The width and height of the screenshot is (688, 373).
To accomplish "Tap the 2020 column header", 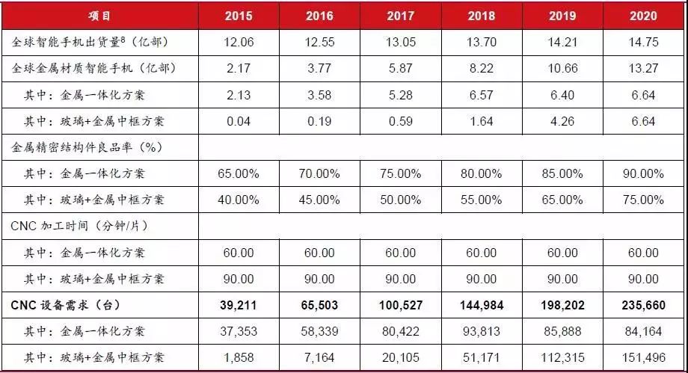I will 643,15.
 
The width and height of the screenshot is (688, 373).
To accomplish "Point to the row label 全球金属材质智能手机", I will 77,69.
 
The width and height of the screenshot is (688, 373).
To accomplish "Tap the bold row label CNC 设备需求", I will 66,305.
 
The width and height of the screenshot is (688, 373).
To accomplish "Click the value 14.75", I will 643,43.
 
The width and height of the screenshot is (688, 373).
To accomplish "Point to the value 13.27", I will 643,69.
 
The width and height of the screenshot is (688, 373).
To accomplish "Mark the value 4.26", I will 562,121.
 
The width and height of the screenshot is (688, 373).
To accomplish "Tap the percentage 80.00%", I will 482,173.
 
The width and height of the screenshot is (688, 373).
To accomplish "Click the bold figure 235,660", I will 643,305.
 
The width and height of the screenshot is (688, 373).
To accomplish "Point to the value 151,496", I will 643,357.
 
